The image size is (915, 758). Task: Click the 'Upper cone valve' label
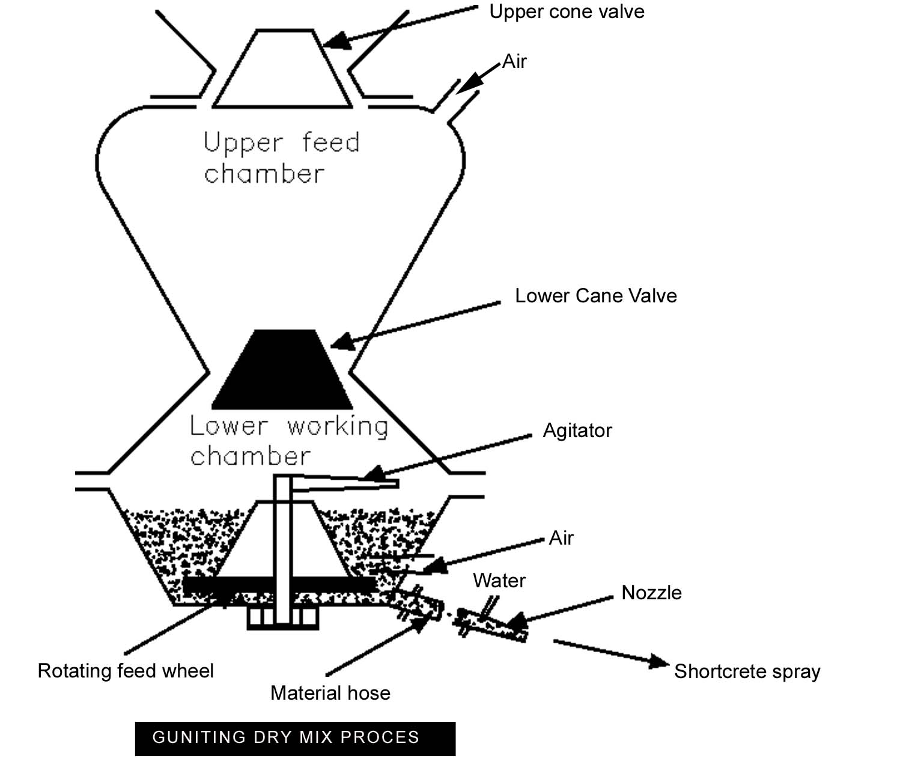567,12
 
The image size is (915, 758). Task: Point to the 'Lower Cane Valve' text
595,296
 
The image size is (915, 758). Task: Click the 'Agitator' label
577,430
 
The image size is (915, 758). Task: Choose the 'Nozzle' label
651,593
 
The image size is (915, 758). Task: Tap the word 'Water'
499,581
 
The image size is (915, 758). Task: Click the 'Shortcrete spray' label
747,671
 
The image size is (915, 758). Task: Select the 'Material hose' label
330,693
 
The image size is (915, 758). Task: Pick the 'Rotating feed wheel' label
126,671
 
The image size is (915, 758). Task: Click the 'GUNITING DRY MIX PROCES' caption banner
295,738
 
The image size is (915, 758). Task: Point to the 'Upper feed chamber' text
281,158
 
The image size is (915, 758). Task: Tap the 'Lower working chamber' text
288,441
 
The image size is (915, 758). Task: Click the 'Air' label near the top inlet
514,61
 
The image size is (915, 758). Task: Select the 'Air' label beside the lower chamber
561,538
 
